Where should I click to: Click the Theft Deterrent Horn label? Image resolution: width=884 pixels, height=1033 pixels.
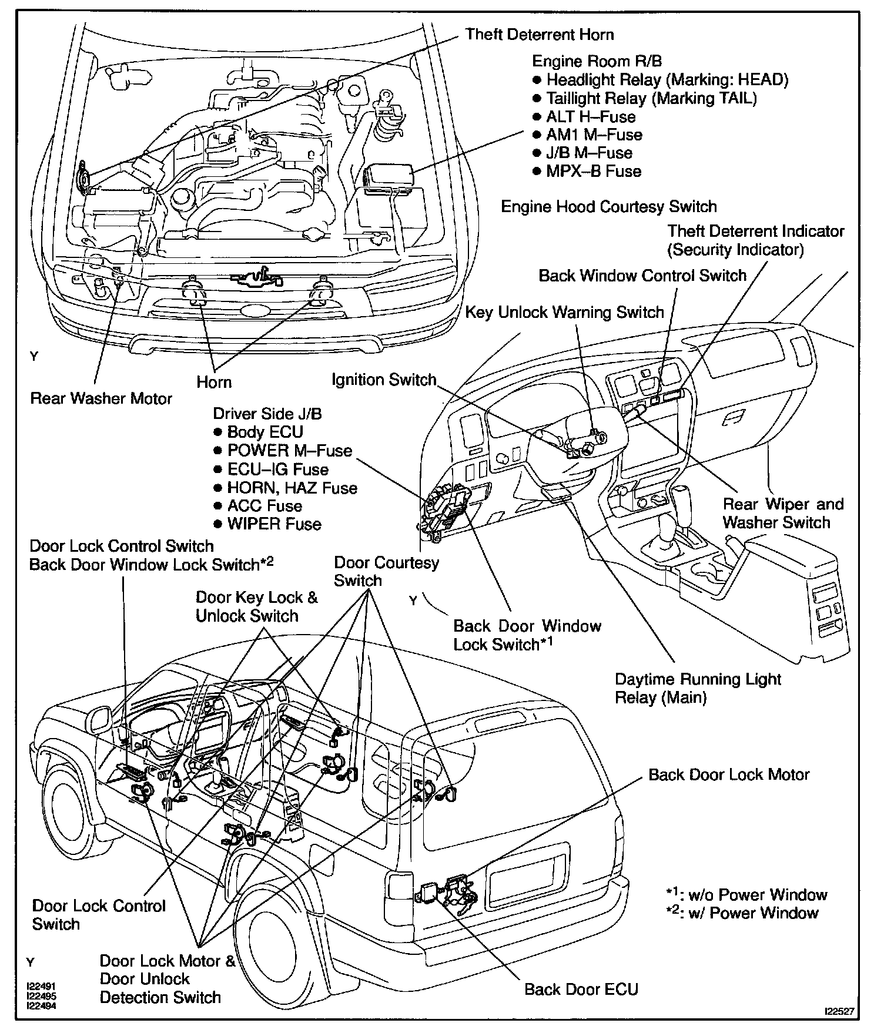[x=540, y=35]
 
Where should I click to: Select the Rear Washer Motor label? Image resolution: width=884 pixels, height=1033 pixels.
[x=101, y=398]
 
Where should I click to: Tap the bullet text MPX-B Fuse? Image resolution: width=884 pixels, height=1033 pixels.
[x=593, y=172]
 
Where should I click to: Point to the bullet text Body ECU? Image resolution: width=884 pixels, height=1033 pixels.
[x=264, y=432]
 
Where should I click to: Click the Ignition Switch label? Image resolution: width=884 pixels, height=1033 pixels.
[x=384, y=380]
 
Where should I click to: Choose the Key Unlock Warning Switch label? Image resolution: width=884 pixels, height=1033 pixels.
[x=564, y=312]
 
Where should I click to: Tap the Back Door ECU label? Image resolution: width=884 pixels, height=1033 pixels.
[x=581, y=989]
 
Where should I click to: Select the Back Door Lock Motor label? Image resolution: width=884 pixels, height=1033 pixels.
[x=729, y=774]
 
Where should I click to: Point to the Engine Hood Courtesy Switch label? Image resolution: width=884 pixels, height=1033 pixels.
[x=608, y=207]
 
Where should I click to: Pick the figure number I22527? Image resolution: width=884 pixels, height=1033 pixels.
[x=840, y=1011]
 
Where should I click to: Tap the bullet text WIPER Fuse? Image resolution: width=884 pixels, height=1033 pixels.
[x=274, y=524]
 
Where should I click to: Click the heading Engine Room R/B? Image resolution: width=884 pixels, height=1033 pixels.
[x=589, y=61]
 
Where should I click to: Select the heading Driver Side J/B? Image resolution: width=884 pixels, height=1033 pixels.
[x=267, y=414]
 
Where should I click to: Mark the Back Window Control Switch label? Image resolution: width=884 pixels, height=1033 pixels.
[x=642, y=276]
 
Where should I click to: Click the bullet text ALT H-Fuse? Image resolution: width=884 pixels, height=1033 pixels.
[x=591, y=116]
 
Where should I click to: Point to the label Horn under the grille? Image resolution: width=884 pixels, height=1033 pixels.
[x=214, y=382]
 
